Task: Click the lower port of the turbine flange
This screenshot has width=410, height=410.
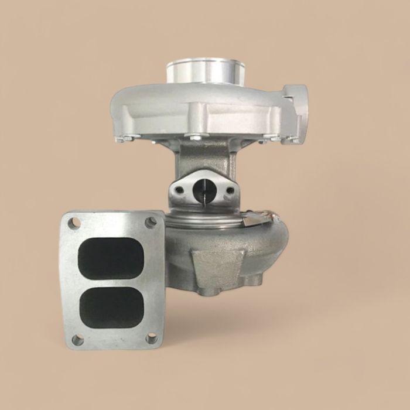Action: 111,306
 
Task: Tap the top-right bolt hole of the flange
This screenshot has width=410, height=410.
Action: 151,223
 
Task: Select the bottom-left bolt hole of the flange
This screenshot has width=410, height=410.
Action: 76,339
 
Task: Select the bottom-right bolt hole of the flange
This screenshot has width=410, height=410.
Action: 151,338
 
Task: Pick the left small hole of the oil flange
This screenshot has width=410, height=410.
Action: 179,189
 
